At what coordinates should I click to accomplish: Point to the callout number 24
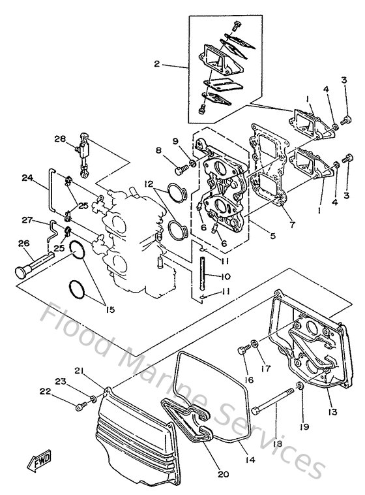click(27, 177)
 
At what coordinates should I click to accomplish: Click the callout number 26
click(24, 245)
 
